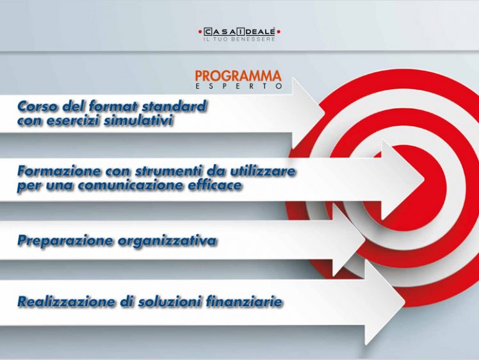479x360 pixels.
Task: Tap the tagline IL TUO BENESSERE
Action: pos(239,40)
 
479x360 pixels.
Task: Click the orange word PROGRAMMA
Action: pos(238,76)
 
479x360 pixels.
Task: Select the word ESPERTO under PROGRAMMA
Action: pos(239,86)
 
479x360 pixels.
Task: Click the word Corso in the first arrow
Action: pos(38,106)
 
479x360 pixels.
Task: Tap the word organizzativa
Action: pos(167,241)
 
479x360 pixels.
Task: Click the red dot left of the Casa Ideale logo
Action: pos(200,31)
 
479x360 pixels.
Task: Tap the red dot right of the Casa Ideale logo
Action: pos(279,31)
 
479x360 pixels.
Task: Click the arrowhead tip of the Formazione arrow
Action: pos(424,179)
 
